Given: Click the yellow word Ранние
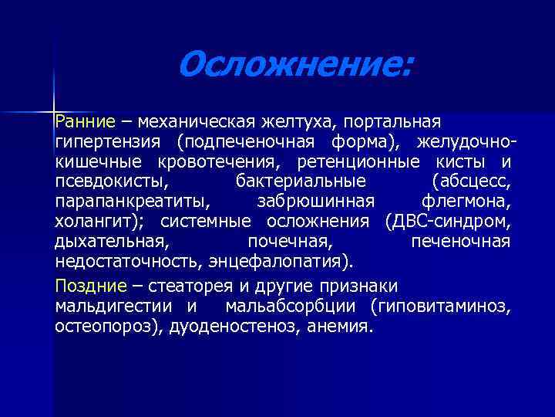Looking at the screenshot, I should click(x=84, y=123).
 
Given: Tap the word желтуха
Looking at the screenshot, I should click(x=299, y=123).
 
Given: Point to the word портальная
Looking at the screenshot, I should click(x=392, y=123).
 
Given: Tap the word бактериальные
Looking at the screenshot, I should click(x=298, y=182).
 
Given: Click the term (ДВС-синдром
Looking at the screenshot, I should click(x=446, y=222).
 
